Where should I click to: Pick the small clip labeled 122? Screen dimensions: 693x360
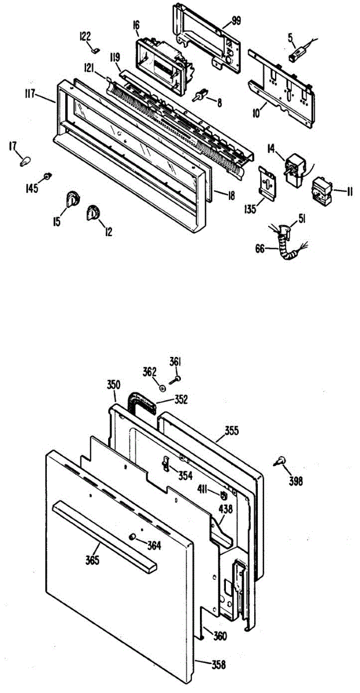pos(97,50)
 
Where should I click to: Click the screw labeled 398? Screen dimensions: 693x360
pos(281,460)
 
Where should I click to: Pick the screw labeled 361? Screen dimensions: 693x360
pos(177,378)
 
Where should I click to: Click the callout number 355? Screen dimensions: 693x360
pos(232,430)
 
